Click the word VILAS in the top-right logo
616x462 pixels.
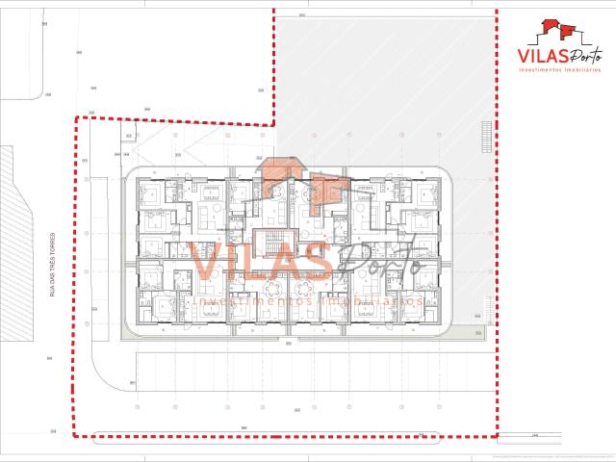click(541, 57)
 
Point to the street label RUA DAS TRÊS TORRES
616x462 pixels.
click(51, 261)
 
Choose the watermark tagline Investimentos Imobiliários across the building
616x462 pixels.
click(308, 301)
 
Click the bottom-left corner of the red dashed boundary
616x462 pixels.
click(75, 435)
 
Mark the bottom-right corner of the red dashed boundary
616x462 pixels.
click(497, 435)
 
